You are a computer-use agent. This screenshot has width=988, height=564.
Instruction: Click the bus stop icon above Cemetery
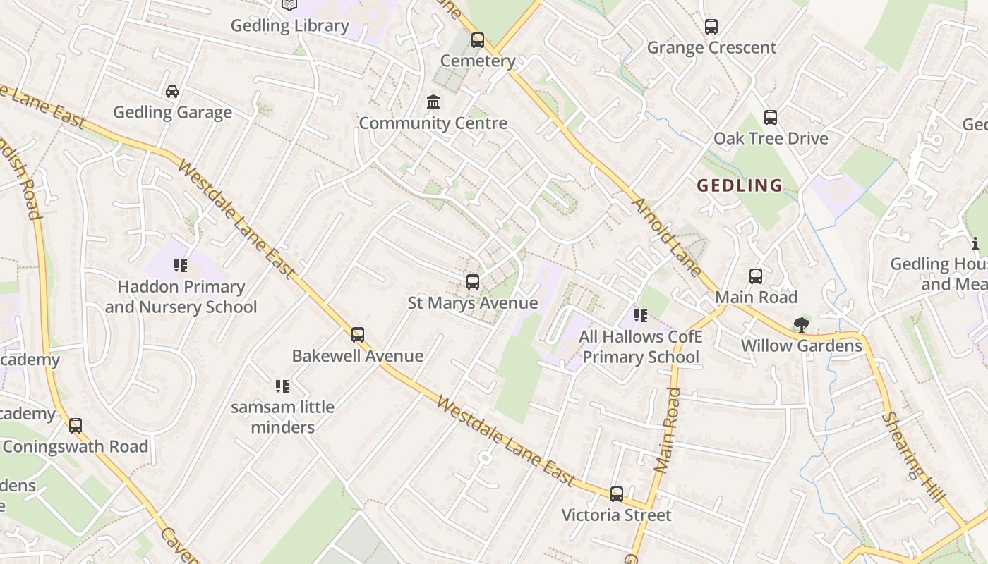[x=478, y=40]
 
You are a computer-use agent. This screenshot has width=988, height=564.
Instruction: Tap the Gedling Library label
[x=290, y=26]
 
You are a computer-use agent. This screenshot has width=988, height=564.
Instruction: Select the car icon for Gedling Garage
[x=172, y=92]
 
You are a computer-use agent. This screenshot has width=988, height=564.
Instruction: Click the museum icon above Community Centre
[x=433, y=103]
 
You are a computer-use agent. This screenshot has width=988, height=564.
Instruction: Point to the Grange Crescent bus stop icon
[x=711, y=27]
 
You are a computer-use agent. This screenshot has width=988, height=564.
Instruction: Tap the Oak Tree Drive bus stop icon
[x=771, y=118]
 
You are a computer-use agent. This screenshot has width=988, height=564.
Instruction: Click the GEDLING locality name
[x=740, y=185]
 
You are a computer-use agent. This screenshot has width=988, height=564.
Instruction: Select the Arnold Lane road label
[x=667, y=237]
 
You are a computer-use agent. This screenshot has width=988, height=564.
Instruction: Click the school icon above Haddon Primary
[x=181, y=266]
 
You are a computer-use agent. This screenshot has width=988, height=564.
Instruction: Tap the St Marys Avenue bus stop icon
[x=473, y=282]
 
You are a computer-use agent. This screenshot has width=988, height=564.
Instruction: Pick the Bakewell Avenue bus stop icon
[x=358, y=335]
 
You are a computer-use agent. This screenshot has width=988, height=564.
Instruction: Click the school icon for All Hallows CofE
[x=641, y=316]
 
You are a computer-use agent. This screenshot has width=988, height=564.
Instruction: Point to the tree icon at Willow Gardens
[x=801, y=325]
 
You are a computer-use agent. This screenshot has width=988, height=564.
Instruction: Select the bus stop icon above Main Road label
[x=756, y=276]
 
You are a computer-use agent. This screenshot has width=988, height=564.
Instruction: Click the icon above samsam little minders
[x=282, y=386]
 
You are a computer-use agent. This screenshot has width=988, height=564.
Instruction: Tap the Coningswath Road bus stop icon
[x=76, y=426]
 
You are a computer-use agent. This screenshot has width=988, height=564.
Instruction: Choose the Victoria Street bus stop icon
[x=617, y=494]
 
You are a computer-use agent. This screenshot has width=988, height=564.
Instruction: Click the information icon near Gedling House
[x=975, y=244]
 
